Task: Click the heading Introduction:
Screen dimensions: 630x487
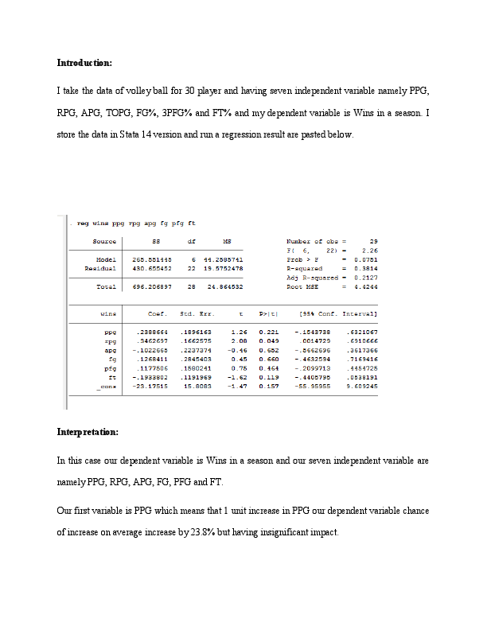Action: pyautogui.click(x=84, y=62)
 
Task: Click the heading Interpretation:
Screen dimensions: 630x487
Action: pyautogui.click(x=88, y=432)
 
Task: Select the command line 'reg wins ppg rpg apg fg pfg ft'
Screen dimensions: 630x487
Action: pyautogui.click(x=136, y=223)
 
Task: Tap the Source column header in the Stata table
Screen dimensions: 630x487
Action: pyautogui.click(x=104, y=241)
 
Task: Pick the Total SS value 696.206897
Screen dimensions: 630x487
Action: pyautogui.click(x=151, y=286)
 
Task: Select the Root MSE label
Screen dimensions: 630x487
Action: pyautogui.click(x=302, y=286)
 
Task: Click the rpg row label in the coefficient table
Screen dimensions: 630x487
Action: pyautogui.click(x=111, y=340)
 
